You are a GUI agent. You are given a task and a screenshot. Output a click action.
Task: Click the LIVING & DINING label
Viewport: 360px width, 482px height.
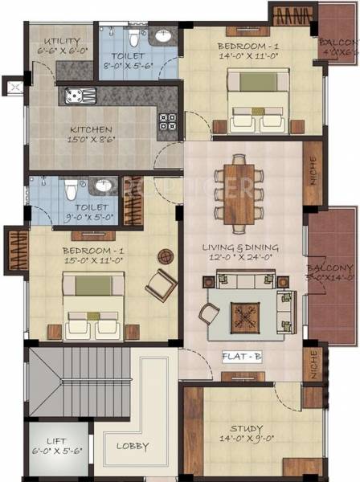[x=247, y=247]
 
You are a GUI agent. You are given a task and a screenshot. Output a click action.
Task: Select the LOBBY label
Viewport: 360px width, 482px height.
[x=131, y=445]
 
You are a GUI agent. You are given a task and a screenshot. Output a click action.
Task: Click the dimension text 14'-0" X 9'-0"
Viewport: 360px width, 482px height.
[x=247, y=439]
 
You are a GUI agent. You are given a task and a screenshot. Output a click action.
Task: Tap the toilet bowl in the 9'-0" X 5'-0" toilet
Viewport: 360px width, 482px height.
[x=70, y=190]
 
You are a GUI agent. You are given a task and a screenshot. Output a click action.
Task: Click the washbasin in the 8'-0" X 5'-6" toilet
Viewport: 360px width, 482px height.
[x=163, y=36]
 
